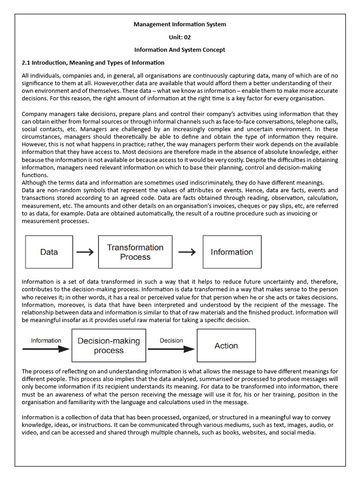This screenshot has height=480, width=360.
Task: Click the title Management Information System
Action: pos(180,24)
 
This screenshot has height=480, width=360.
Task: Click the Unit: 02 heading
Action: pos(180,37)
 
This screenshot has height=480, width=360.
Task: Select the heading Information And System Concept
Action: pos(180,50)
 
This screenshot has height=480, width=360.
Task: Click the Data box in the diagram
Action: pos(49,252)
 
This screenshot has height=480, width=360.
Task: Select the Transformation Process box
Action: pos(135,252)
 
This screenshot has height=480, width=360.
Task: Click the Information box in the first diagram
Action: pos(232,252)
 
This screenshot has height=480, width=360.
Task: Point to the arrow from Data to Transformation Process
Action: pos(85,252)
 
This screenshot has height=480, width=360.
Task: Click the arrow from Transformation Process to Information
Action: pos(187,252)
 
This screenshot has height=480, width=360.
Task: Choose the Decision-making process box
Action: pos(108,345)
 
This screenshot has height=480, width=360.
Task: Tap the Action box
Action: pos(226,345)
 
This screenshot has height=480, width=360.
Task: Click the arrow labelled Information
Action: pos(45,349)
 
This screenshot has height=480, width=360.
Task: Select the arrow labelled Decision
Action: pos(171,349)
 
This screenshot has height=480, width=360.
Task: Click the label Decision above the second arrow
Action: pos(172,341)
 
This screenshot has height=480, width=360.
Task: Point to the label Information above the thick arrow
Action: pos(46,341)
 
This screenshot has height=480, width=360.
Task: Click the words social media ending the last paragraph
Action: pos(299,432)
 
